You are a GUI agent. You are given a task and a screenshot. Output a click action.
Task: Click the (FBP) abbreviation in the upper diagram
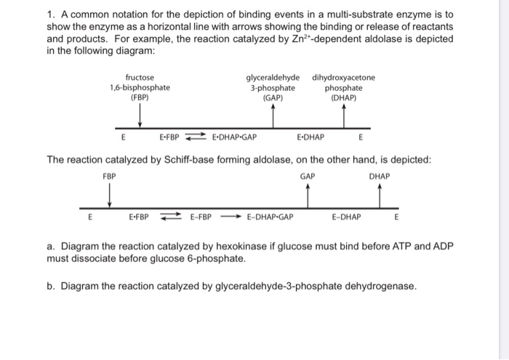pyautogui.click(x=140, y=97)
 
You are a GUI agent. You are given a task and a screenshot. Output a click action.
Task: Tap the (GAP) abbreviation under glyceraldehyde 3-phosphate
pyautogui.click(x=273, y=98)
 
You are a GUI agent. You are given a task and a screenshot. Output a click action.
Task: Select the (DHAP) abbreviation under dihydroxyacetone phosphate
pyautogui.click(x=343, y=98)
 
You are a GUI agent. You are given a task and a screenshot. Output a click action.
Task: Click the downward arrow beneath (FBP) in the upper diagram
pyautogui.click(x=140, y=116)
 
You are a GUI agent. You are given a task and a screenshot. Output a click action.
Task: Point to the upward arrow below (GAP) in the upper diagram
pyautogui.click(x=273, y=116)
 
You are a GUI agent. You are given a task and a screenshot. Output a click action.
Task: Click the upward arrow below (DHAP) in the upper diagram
pyautogui.click(x=344, y=116)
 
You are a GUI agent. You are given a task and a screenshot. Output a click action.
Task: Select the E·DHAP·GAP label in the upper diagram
pyautogui.click(x=234, y=137)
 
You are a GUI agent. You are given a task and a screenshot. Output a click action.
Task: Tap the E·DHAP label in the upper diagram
pyautogui.click(x=310, y=137)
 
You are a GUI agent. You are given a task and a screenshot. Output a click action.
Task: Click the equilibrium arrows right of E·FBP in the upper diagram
pyautogui.click(x=196, y=137)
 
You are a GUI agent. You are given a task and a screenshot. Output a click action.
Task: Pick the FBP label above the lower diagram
pyautogui.click(x=109, y=177)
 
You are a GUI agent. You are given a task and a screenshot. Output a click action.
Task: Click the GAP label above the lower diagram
pyautogui.click(x=308, y=177)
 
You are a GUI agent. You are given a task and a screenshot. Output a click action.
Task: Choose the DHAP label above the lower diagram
pyautogui.click(x=380, y=177)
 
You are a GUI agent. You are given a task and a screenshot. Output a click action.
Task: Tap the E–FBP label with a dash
pyautogui.click(x=201, y=217)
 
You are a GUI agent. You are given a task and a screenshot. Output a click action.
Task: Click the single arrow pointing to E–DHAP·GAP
pyautogui.click(x=231, y=217)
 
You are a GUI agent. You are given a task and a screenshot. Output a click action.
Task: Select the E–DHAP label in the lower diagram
pyautogui.click(x=346, y=217)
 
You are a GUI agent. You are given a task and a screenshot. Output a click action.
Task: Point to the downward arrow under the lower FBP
pyautogui.click(x=110, y=195)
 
